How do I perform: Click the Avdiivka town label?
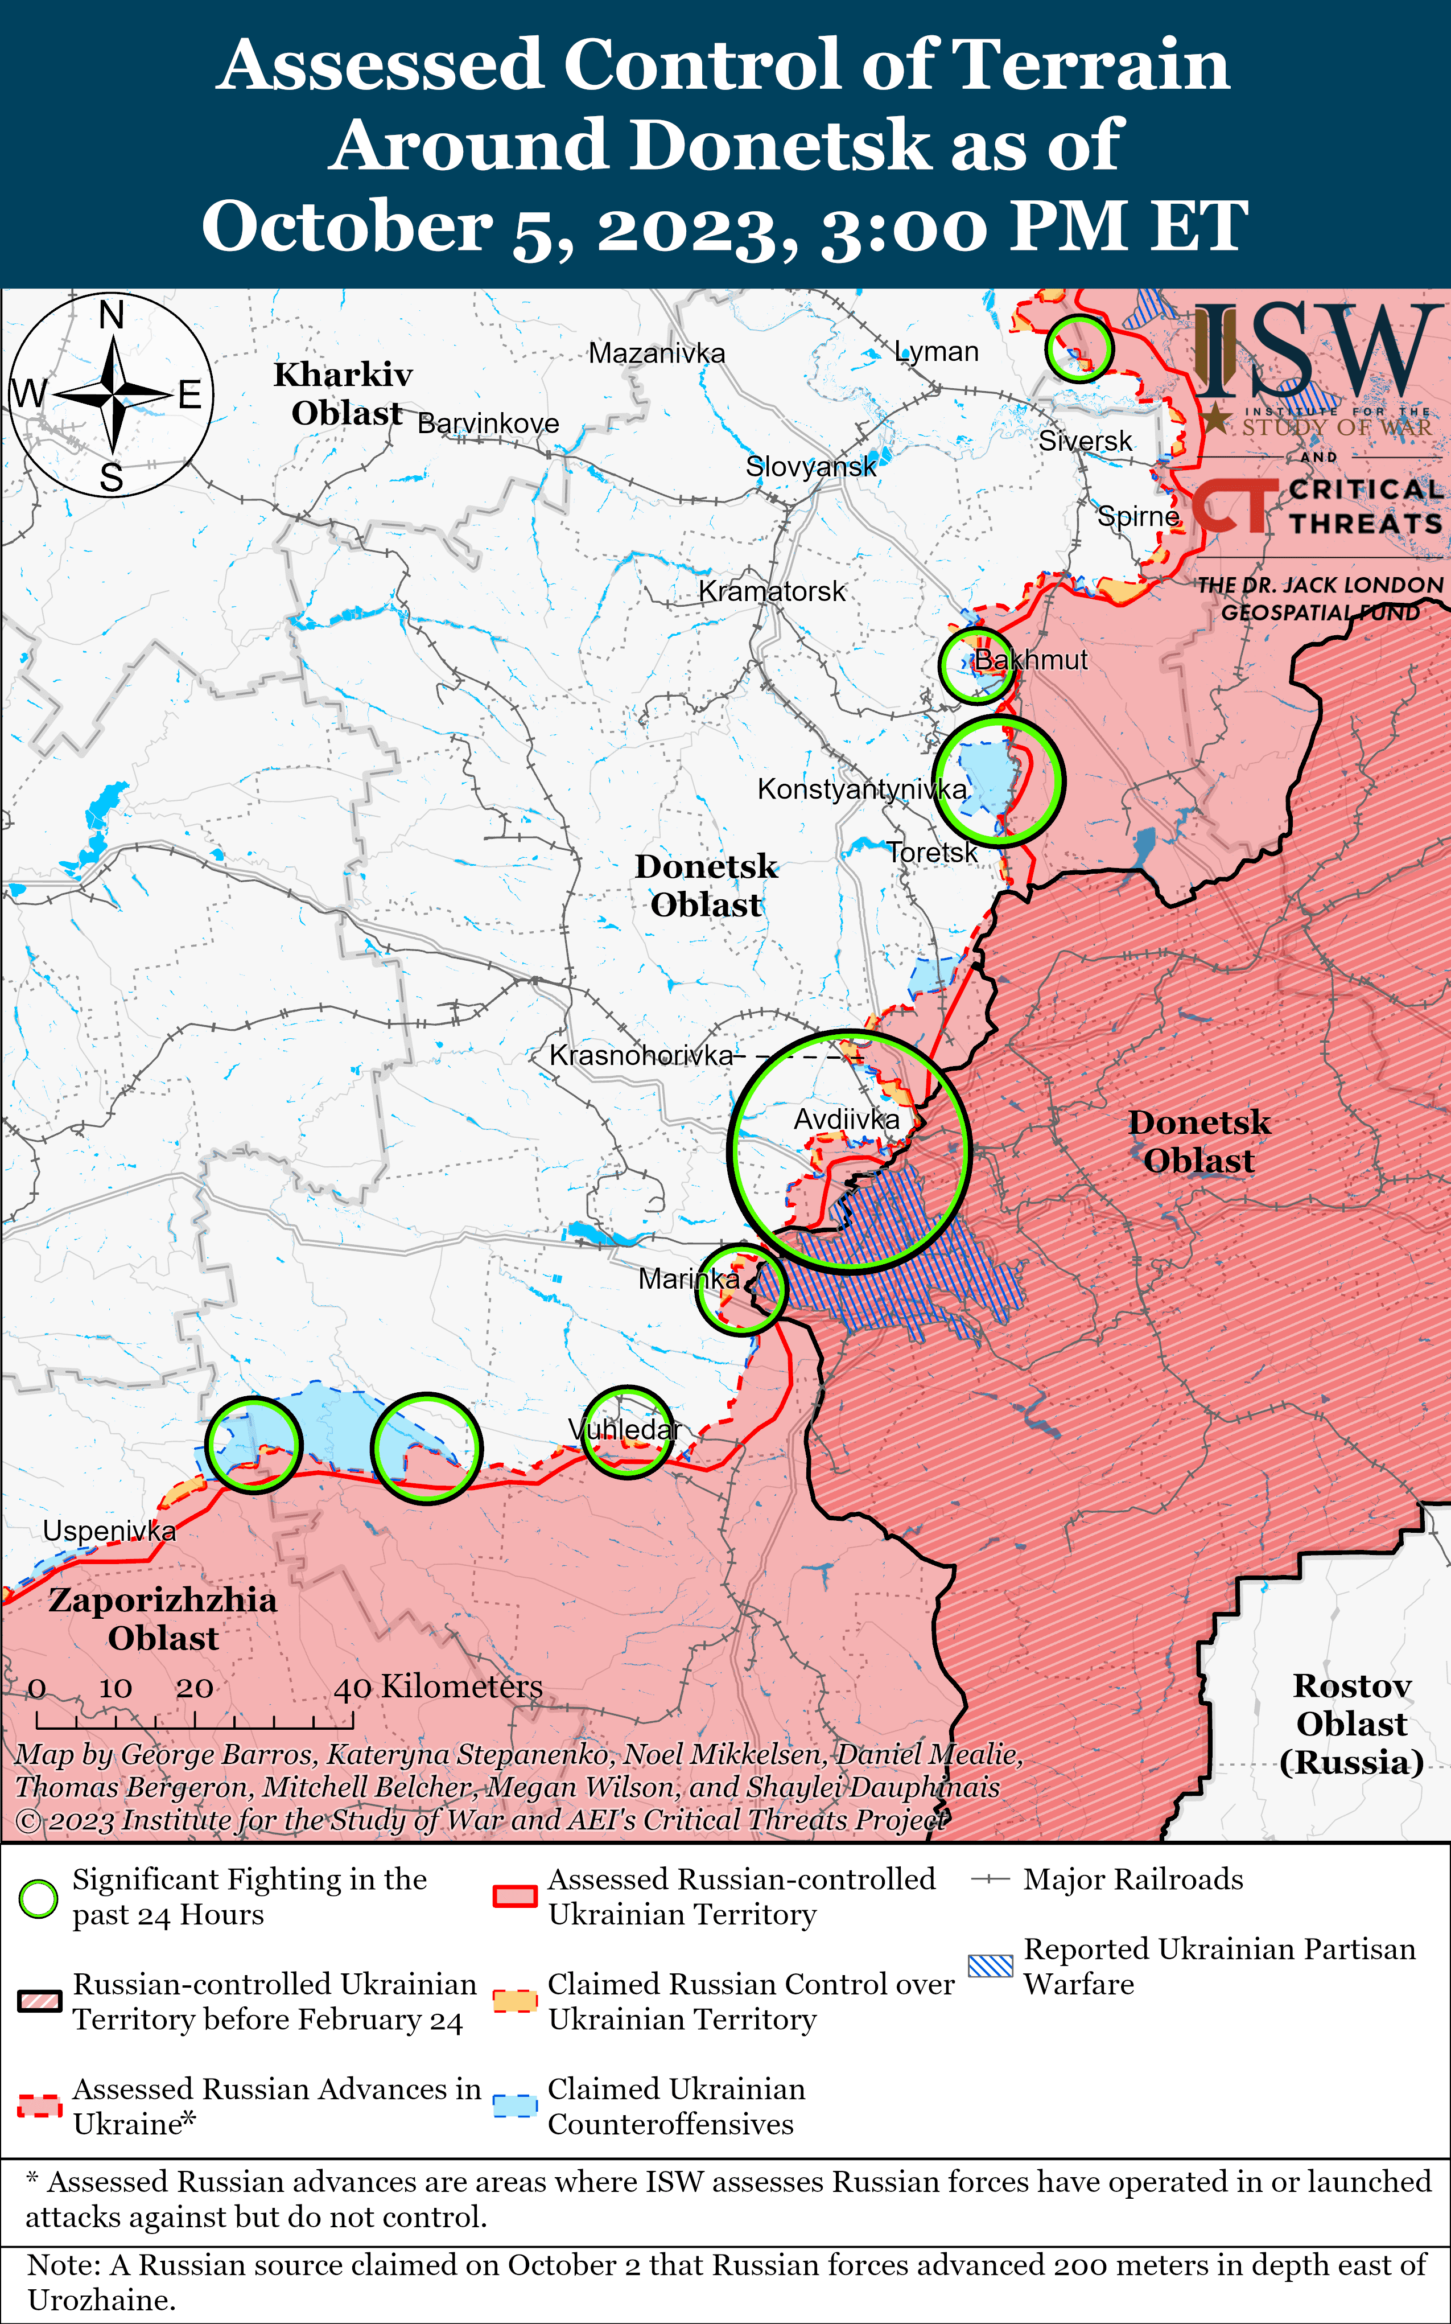847,1119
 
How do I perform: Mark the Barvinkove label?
488,423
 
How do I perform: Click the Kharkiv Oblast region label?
344,393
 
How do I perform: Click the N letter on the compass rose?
112,315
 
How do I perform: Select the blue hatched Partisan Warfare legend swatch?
990,1966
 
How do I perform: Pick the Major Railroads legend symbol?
990,1879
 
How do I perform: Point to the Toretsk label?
931,853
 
